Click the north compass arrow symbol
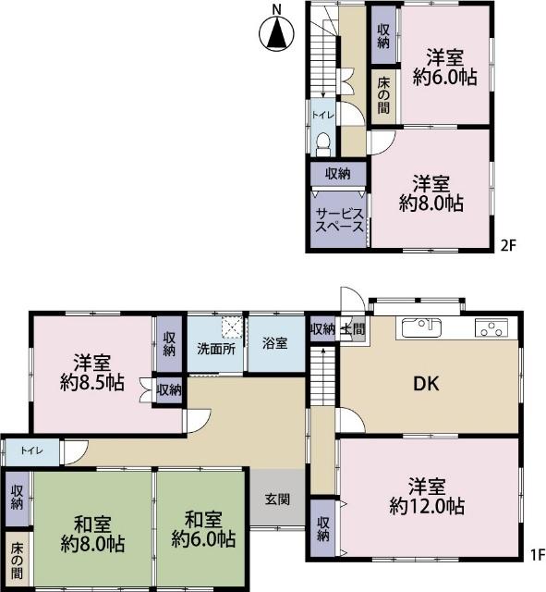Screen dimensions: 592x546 click(276, 35)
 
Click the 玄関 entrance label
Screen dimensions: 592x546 click(278, 499)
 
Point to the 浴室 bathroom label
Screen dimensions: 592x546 click(273, 343)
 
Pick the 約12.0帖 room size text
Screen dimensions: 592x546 click(427, 506)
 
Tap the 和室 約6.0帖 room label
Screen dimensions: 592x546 click(202, 530)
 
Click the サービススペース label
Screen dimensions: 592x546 click(340, 218)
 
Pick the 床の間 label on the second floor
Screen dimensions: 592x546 click(383, 96)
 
